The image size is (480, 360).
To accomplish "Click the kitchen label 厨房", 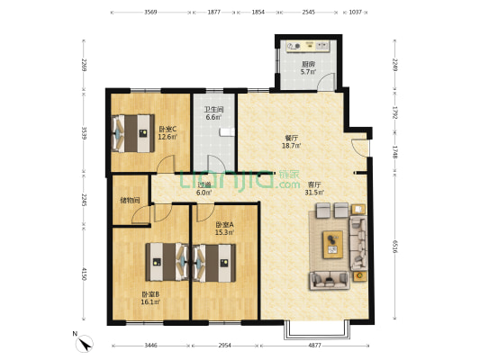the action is coord(308,64).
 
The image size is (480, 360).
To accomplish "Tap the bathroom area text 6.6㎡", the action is coord(213,117).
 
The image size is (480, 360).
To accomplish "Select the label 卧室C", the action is coord(168,129).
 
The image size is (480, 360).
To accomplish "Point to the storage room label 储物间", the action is coord(130,201).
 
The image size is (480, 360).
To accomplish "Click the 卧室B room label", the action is coord(150,294).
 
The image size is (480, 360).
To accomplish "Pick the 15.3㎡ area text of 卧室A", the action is coord(224,232).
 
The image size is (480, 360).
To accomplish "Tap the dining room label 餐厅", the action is coord(291,138).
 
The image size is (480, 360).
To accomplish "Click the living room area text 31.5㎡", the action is coord(314,193).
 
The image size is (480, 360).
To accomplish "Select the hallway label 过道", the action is coord(204,185).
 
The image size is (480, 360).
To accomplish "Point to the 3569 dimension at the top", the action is coord(150,13).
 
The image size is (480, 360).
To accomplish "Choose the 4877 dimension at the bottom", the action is coord(314,346).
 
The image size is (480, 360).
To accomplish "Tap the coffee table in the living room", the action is coord(332,245).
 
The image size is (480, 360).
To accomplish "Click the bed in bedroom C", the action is coord(133,133).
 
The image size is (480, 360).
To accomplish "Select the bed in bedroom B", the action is coord(167,262).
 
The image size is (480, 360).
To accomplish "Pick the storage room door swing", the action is coord(140,215).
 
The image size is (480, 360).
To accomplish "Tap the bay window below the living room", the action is coord(317,330).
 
